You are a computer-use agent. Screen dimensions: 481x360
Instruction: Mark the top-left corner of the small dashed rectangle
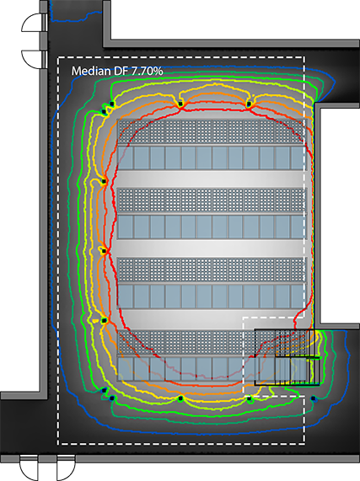click(x=244, y=318)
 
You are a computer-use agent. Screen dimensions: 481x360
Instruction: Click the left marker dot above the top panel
click(x=180, y=102)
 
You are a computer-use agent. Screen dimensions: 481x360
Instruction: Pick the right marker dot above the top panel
click(x=249, y=103)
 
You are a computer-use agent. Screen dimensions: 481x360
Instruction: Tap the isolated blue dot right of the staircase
click(x=313, y=398)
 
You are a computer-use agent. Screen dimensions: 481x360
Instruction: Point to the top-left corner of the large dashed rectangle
click(x=58, y=58)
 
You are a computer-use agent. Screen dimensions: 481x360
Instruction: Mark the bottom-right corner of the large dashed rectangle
click(x=304, y=443)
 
